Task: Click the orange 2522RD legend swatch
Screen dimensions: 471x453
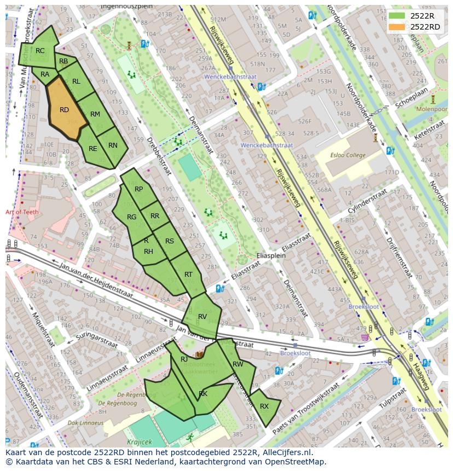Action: coord(397,27)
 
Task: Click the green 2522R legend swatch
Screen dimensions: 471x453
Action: coord(397,16)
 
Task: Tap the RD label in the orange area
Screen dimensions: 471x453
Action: coord(64,110)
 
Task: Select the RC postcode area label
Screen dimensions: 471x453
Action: coord(40,51)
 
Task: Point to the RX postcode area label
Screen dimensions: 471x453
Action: coord(264,406)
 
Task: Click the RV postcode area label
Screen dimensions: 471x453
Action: coord(202,317)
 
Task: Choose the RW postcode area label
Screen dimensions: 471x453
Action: coord(237,364)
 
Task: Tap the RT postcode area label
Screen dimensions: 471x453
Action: coord(188,275)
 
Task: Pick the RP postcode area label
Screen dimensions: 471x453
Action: coord(138,189)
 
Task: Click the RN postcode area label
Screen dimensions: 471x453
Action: coord(113,146)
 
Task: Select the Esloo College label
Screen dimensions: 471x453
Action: coord(347,155)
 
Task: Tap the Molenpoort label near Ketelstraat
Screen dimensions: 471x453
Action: coord(432,109)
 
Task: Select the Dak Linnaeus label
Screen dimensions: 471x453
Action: coord(85,423)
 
